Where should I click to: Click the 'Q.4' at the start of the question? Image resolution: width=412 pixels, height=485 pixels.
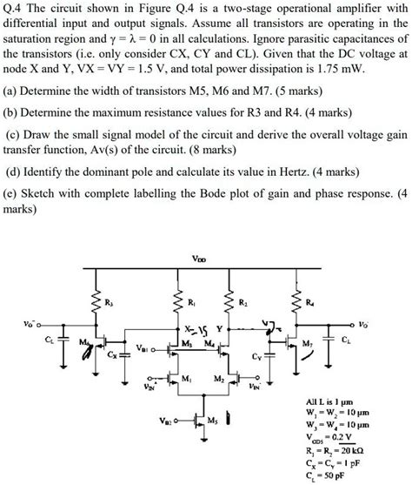tap(15, 9)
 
